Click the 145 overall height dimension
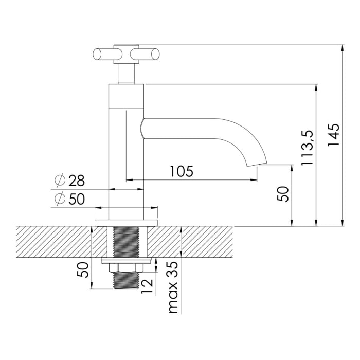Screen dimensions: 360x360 click(x=334, y=135)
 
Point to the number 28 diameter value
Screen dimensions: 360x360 click(x=75, y=181)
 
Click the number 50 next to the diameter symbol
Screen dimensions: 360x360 click(x=75, y=199)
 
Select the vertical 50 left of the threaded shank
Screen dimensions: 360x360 click(x=83, y=269)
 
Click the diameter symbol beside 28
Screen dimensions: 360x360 click(x=59, y=181)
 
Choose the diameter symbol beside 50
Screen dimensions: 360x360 click(x=59, y=199)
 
